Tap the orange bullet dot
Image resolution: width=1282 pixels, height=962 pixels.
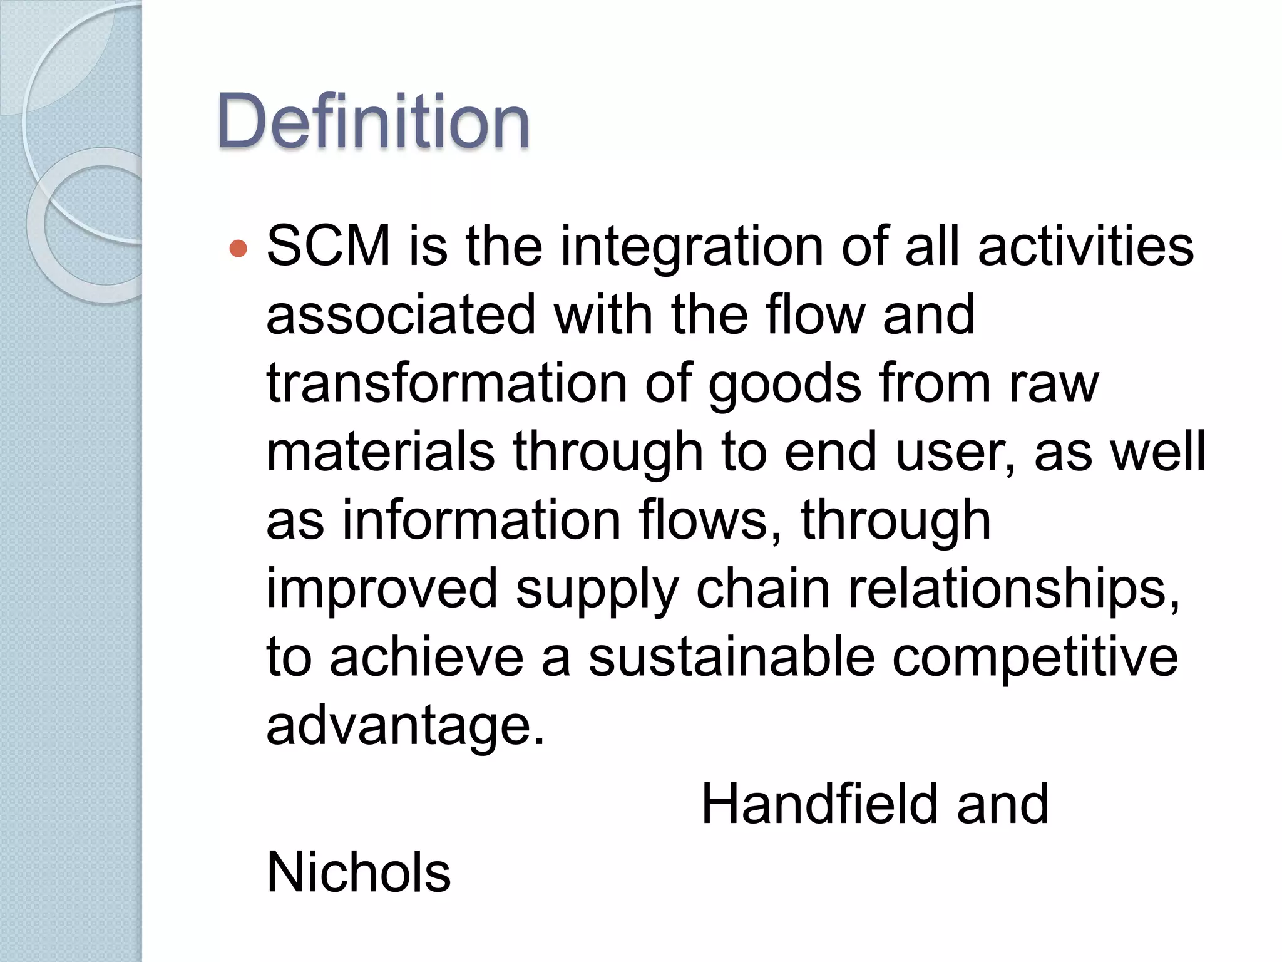click(238, 249)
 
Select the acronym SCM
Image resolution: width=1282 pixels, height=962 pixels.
click(329, 246)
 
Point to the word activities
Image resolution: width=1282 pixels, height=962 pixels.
click(1085, 246)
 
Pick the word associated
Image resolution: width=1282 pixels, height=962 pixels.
click(401, 314)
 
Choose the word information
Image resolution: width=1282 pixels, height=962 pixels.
click(481, 520)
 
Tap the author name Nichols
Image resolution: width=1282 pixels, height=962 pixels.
click(358, 872)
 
